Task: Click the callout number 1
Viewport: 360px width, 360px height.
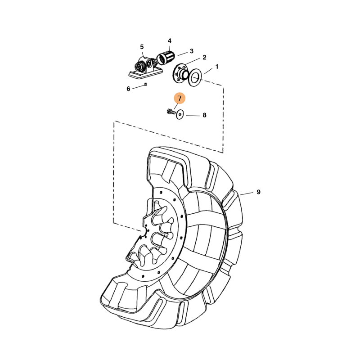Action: coord(217,67)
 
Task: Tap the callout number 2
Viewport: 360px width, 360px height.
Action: coord(204,58)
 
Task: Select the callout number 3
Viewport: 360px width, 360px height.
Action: coord(192,51)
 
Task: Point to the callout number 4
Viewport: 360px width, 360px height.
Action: coord(170,41)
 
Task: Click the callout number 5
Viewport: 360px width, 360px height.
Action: coord(142,47)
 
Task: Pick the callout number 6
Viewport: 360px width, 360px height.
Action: coord(128,89)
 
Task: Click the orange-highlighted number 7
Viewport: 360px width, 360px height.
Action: coord(180,98)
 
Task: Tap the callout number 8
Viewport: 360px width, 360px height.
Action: coord(204,115)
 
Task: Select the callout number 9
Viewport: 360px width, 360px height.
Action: coord(258,192)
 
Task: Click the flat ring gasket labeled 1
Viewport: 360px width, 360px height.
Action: coord(195,77)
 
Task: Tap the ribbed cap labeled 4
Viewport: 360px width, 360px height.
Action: coord(166,58)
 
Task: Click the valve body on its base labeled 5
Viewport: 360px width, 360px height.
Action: coord(144,67)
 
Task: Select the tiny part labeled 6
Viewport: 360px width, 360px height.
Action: coord(145,85)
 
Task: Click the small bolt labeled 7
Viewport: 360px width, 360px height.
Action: coord(171,112)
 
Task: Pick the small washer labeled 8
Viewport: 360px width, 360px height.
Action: coord(180,114)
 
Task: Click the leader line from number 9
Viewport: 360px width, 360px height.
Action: coord(247,193)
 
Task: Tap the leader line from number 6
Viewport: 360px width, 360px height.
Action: coord(138,87)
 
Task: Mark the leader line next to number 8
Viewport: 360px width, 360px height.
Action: coord(193,116)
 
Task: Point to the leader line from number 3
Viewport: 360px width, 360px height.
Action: coord(183,54)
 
